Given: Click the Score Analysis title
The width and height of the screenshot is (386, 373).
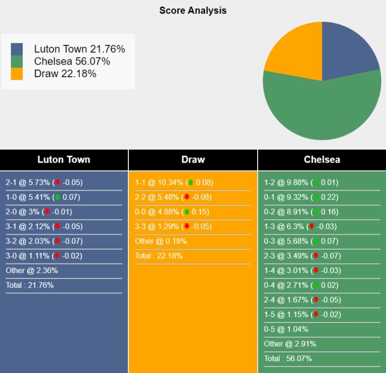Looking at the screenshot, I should tap(193, 10).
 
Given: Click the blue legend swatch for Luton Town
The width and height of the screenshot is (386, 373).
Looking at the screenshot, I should tap(16, 49).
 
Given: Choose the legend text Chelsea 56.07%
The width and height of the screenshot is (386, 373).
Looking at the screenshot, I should tap(72, 61).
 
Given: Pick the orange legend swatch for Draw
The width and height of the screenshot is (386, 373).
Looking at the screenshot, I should tap(16, 74).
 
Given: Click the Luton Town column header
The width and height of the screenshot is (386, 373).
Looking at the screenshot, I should tap(64, 160).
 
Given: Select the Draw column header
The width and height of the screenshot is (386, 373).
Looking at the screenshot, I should tap(193, 160).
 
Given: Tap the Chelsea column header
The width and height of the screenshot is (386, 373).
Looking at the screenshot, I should tap(322, 160).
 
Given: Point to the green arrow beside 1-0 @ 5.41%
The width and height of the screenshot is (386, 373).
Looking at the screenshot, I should tap(58, 197).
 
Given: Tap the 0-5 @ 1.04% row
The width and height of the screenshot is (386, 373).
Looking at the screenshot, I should tap(286, 329).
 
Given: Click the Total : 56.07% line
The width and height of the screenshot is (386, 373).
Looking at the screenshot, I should tap(288, 359).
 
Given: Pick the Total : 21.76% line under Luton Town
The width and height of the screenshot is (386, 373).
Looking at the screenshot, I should tap(29, 285).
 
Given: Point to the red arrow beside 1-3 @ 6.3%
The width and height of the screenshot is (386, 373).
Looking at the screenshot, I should tap(312, 227).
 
